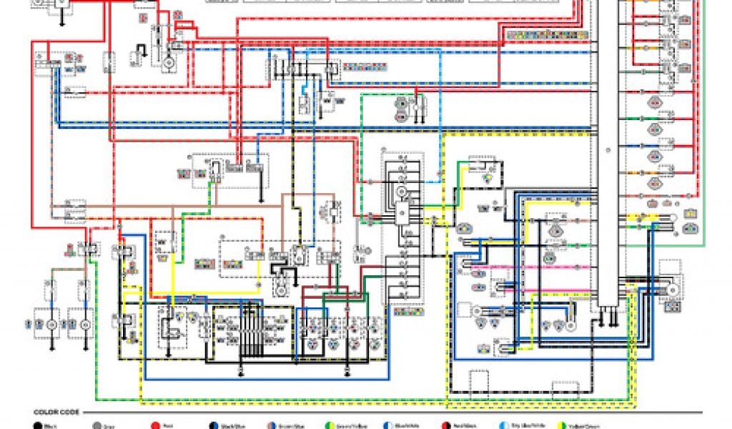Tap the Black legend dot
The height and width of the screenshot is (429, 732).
pos(37,426)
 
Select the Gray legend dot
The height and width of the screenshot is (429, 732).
pos(97,426)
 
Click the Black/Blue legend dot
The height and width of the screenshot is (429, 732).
pos(213,426)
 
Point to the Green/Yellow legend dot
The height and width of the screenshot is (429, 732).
pos(330,426)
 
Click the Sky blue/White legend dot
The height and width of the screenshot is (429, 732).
pos(505,426)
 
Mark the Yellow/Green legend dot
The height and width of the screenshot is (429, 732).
pos(563,426)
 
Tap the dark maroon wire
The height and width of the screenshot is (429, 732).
pos(325,290)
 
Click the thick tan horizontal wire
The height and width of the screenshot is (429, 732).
pos(200,208)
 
